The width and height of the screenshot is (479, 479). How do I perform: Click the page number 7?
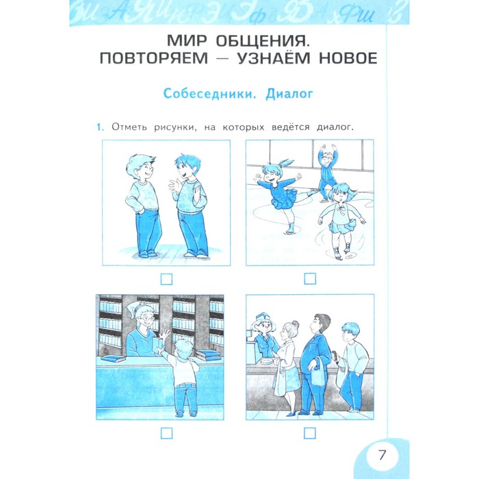pos(382,455)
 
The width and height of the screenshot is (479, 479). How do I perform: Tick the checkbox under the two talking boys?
pos(166,279)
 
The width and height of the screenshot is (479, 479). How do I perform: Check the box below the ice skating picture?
pos(310,279)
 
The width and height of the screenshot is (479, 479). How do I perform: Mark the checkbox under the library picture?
pos(166,433)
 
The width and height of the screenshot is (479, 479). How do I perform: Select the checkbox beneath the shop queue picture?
pos(310,433)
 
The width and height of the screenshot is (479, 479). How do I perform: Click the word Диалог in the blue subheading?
pos(289,94)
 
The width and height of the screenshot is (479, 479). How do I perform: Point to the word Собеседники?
pos(209,94)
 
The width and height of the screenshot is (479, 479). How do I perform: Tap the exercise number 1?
pos(100,127)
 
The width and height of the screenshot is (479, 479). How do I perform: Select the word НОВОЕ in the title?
pos(348,58)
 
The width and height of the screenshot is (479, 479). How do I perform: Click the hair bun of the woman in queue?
pos(295,324)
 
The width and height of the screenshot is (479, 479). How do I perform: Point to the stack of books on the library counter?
pos(208,354)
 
